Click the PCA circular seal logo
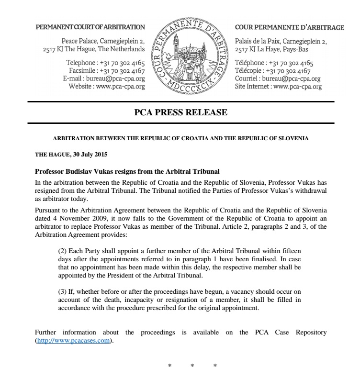point(190,56)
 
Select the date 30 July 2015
point(89,155)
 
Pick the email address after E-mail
point(115,79)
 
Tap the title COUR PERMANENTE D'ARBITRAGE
point(290,27)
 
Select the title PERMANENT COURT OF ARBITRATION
point(90,27)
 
